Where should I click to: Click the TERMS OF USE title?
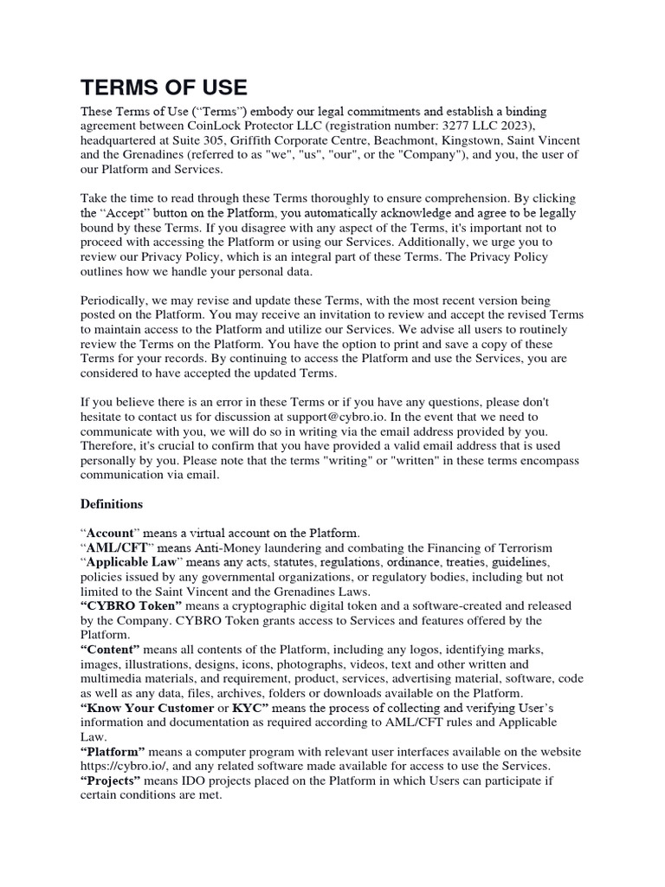tap(164, 87)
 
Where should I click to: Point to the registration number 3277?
tap(471, 126)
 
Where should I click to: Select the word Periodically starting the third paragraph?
tap(117, 299)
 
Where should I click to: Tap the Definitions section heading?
tap(112, 503)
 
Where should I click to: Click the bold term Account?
tap(111, 532)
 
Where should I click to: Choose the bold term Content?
tap(110, 649)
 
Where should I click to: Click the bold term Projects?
tap(113, 780)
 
